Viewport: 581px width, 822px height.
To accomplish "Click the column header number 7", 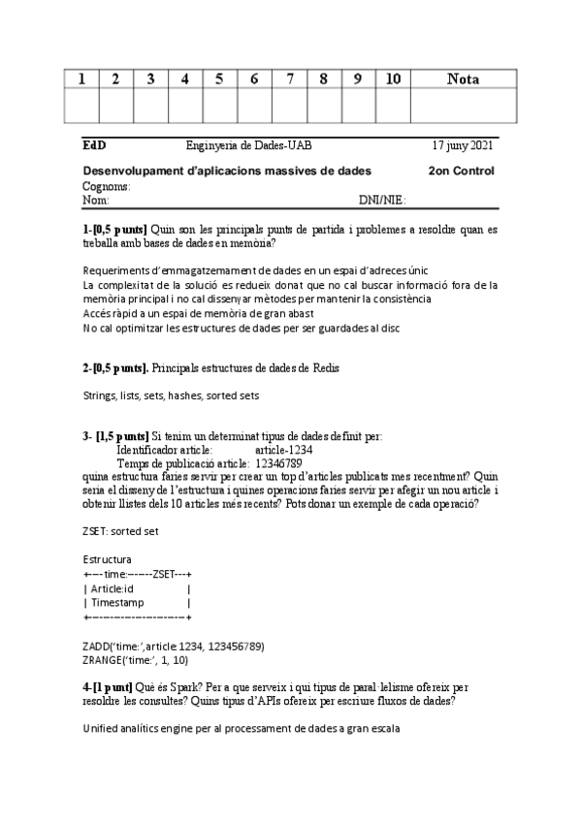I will [x=289, y=79].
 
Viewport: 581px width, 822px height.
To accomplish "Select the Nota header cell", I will [x=463, y=79].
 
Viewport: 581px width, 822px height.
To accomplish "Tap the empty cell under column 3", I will [x=150, y=105].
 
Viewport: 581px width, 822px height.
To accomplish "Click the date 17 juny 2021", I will [x=463, y=146].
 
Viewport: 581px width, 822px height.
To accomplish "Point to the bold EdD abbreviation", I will [x=94, y=146].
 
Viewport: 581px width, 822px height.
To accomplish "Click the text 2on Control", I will [x=461, y=172].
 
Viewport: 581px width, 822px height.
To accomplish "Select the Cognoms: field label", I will [x=107, y=186].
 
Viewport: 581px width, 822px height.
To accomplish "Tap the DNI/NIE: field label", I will [x=381, y=200].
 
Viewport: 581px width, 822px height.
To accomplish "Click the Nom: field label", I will [x=96, y=200].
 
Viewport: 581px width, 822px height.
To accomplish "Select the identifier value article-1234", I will [x=283, y=450].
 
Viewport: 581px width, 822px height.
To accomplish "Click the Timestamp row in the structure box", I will [x=117, y=602].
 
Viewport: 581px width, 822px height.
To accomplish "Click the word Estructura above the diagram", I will [x=108, y=559].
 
